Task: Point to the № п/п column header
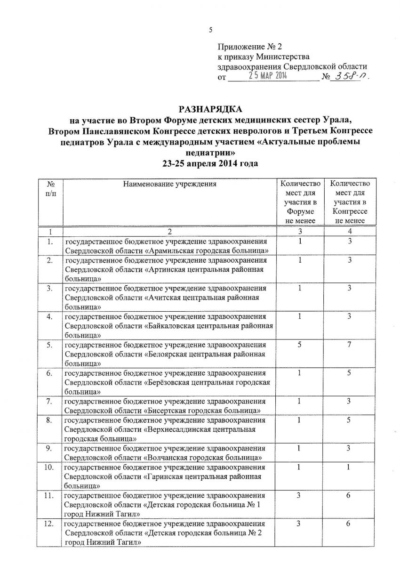coord(49,189)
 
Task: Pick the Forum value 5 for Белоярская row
coord(299,346)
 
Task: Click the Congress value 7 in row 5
coord(350,346)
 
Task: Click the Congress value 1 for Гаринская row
coord(350,468)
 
